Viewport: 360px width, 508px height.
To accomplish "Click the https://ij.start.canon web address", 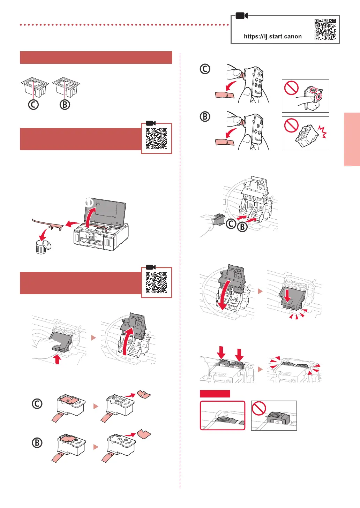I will (x=272, y=36).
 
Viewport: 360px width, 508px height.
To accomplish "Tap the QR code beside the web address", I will (x=325, y=30).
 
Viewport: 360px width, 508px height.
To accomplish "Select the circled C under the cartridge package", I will (x=33, y=105).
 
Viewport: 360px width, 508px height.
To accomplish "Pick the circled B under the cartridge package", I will (x=65, y=105).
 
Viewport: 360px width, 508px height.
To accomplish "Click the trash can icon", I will (x=41, y=247).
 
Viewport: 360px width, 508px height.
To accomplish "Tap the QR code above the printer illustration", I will (x=157, y=138).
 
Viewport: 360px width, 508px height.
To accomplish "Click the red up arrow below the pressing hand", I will (x=58, y=359).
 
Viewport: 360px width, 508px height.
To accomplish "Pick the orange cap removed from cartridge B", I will (x=144, y=434).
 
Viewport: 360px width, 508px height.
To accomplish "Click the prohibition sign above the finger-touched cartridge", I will (x=291, y=88).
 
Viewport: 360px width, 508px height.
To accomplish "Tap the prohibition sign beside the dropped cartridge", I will (x=291, y=125).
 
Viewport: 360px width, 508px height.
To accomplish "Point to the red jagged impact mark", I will (x=323, y=133).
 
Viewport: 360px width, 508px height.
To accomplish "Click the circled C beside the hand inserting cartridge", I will (x=231, y=223).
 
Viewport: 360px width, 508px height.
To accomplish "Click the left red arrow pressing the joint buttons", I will (x=221, y=352).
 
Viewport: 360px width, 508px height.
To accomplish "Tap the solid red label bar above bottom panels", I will (x=215, y=394).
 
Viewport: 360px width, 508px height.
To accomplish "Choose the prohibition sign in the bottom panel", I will (x=259, y=408).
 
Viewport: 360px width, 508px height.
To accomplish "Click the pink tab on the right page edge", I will (x=352, y=139).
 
